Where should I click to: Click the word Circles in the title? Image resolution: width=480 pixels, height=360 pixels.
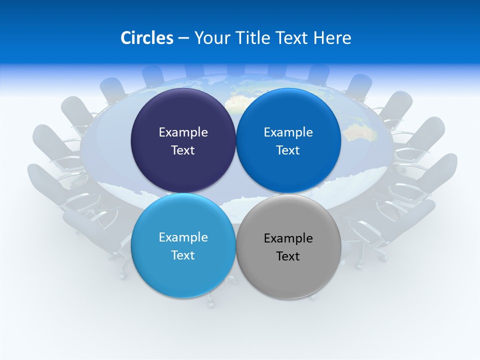pyautogui.click(x=146, y=38)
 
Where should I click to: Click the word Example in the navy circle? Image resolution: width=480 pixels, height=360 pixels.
pyautogui.click(x=183, y=132)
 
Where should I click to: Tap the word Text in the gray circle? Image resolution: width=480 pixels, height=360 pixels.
pyautogui.click(x=288, y=256)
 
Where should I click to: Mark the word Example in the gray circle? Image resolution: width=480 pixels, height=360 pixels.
pyautogui.click(x=288, y=238)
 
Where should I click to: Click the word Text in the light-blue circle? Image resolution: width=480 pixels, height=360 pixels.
pyautogui.click(x=183, y=255)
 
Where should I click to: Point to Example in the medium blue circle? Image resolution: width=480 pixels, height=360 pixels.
pyautogui.click(x=288, y=132)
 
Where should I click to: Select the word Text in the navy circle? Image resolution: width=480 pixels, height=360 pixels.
pyautogui.click(x=183, y=150)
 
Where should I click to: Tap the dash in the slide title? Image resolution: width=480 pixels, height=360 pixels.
pyautogui.click(x=183, y=38)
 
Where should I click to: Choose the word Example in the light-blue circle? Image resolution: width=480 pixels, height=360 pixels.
pyautogui.click(x=183, y=237)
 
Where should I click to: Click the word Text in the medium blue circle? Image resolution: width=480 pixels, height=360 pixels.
pyautogui.click(x=288, y=150)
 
